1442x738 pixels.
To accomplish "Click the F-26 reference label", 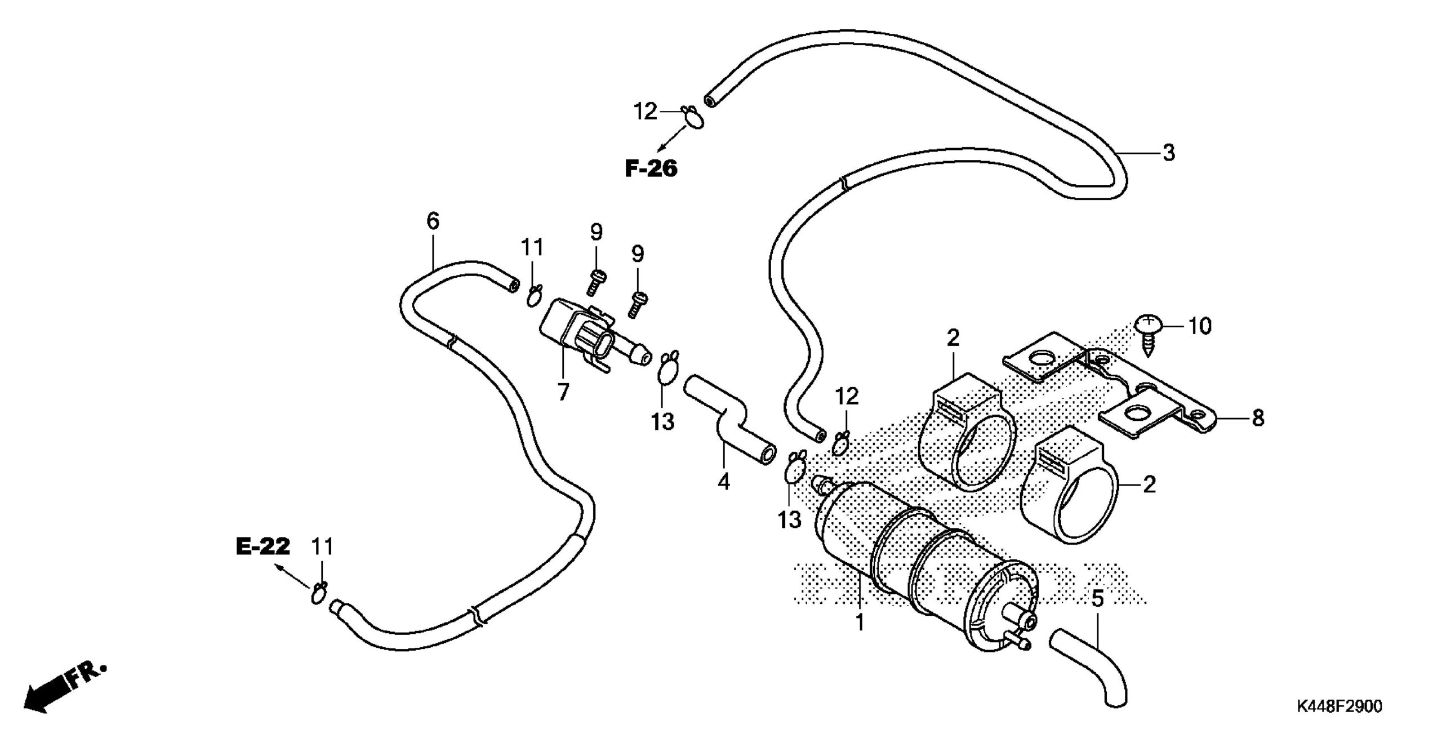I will [651, 168].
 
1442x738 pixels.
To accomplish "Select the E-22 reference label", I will [263, 546].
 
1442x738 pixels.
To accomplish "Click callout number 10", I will [1200, 326].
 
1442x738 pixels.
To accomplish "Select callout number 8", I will [1257, 417].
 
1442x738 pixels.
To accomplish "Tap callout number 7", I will [563, 391].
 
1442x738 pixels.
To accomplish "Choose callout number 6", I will [432, 221].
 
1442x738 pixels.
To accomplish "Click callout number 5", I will [1097, 599].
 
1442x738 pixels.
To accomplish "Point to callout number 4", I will [723, 481].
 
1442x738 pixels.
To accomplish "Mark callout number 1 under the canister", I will [860, 623].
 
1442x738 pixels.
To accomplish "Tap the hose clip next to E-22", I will [319, 593].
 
